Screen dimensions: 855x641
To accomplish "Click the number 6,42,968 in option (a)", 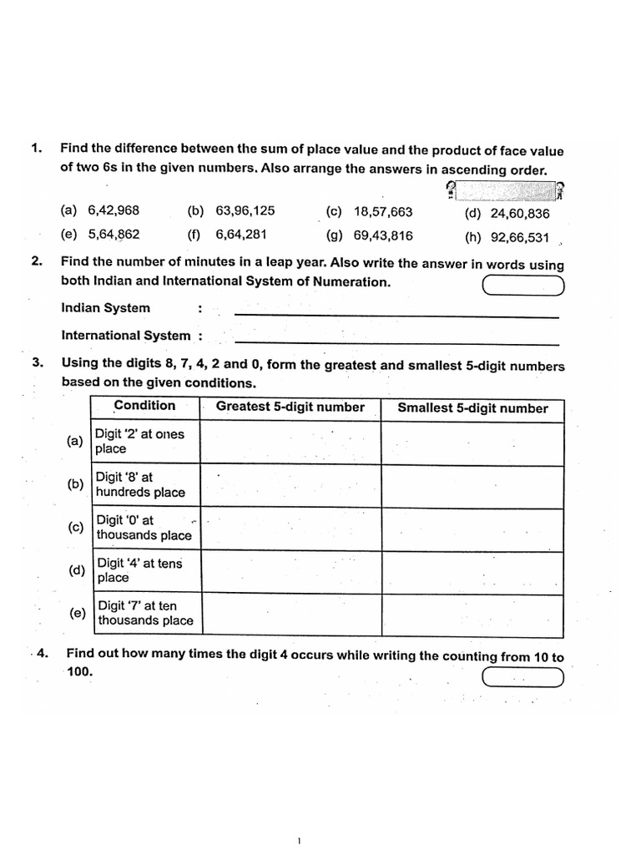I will [114, 211].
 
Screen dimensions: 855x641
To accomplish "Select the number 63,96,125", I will [245, 211].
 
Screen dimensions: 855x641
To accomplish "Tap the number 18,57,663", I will [382, 212].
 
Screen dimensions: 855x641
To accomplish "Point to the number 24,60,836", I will [520, 214].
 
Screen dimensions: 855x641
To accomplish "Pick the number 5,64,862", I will [114, 235].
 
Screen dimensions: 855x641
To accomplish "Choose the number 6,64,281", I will [241, 235].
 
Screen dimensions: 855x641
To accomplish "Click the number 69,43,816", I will [382, 235].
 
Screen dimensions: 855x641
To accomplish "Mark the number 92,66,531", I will [520, 237].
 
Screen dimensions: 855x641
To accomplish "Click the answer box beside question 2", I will [523, 286].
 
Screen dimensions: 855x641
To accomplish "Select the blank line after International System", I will [396, 342].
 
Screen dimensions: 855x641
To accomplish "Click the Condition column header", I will [144, 406].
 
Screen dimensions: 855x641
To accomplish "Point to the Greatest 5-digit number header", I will [290, 407].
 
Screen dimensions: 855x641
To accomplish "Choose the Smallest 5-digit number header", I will [472, 408].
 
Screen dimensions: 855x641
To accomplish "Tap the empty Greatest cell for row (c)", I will [290, 529].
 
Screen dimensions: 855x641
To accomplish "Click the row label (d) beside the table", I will [78, 571].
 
